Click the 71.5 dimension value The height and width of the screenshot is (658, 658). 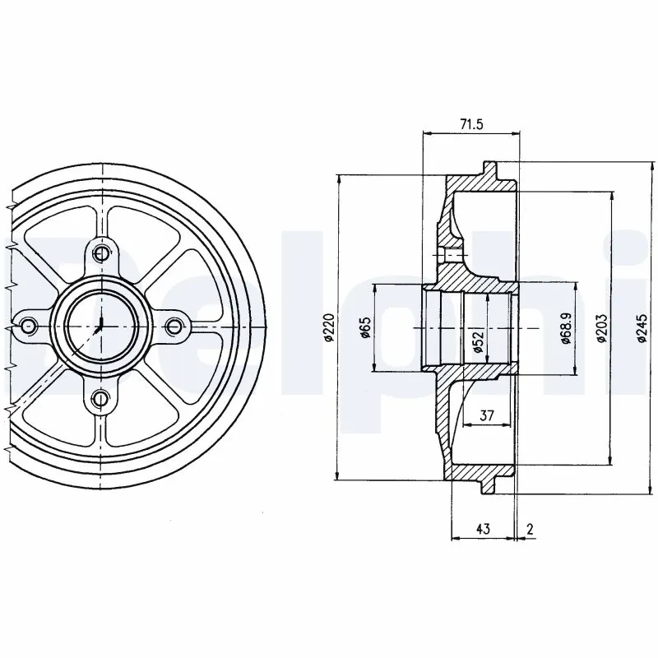(470, 124)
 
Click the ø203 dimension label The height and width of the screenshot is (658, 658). (602, 327)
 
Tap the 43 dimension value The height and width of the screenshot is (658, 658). (484, 529)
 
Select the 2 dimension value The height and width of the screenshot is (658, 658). (530, 529)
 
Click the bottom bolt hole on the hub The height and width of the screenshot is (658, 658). (100, 400)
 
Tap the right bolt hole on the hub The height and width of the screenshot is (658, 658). (174, 327)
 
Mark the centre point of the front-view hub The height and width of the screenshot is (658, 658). (100, 326)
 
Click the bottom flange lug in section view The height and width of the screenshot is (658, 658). (491, 483)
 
